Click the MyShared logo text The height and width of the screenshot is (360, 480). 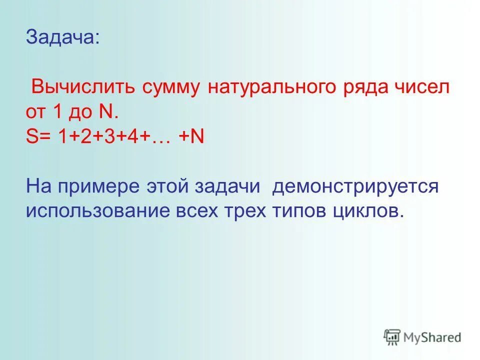click(x=432, y=337)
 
